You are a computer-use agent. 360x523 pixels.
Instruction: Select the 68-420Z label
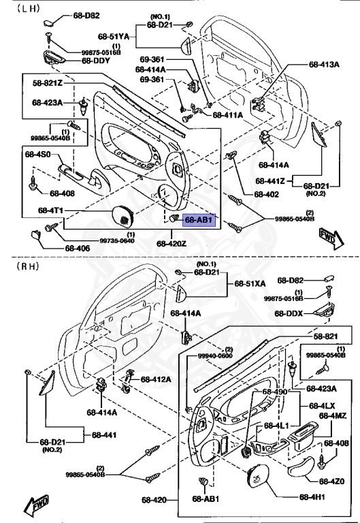tap(171, 243)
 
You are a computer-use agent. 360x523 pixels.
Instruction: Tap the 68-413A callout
tap(323, 65)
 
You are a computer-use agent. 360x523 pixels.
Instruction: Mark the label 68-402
tap(267, 194)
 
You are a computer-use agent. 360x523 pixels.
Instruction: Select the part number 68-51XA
tap(251, 283)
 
